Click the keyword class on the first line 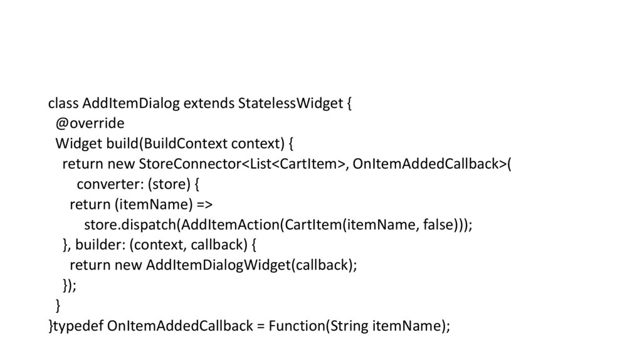[x=63, y=103]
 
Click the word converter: [x=105, y=184]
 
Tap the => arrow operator [x=203, y=204]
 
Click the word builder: [x=100, y=245]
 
